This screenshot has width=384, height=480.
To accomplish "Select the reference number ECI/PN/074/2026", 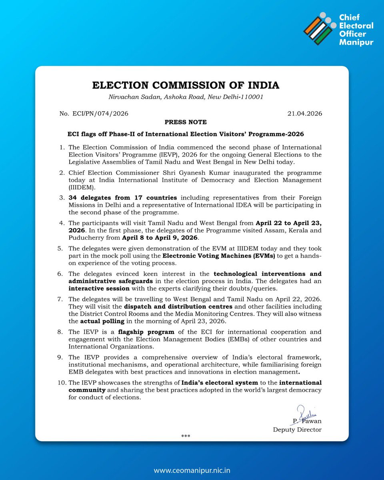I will [94, 114].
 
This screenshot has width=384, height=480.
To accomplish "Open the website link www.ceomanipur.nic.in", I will [192, 471].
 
